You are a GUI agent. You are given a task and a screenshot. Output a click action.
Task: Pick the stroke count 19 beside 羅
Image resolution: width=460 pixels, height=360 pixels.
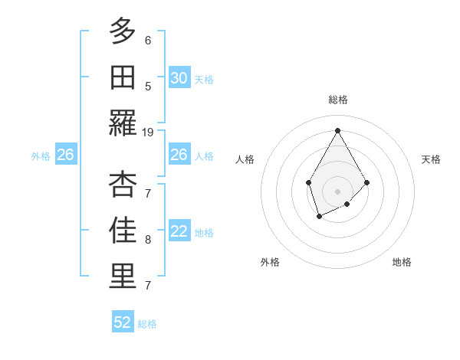coord(148,132)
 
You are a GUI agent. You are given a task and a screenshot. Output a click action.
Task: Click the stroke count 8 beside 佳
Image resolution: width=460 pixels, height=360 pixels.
coord(148,239)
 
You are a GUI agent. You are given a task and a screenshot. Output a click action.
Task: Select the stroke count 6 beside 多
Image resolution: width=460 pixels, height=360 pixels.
coord(148,40)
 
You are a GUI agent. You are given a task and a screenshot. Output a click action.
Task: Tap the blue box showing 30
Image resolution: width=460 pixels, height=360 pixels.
coord(179,77)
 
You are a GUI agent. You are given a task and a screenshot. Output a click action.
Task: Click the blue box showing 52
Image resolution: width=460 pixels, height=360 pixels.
coord(123,322)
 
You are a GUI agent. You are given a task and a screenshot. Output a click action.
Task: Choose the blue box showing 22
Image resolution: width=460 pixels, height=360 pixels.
coord(179,231)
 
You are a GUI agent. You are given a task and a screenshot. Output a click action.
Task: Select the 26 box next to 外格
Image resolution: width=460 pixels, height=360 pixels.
coord(65,155)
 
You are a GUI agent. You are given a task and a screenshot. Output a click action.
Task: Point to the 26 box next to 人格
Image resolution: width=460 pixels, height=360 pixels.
coord(179,155)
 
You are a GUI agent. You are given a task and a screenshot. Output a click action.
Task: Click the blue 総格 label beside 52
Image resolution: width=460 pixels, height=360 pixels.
coord(147,324)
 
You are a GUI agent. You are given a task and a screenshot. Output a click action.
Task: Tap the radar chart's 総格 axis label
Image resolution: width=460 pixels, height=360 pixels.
coord(338,100)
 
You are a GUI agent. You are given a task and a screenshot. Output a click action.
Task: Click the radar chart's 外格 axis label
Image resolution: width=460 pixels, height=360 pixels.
coord(270,262)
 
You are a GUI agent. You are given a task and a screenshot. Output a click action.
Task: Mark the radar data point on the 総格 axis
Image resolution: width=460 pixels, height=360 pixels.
coord(337,130)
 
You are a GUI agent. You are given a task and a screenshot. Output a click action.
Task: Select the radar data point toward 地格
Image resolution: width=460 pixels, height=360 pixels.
coord(347,204)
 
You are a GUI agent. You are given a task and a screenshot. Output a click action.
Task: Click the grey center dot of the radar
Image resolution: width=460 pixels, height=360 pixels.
coord(337,191)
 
